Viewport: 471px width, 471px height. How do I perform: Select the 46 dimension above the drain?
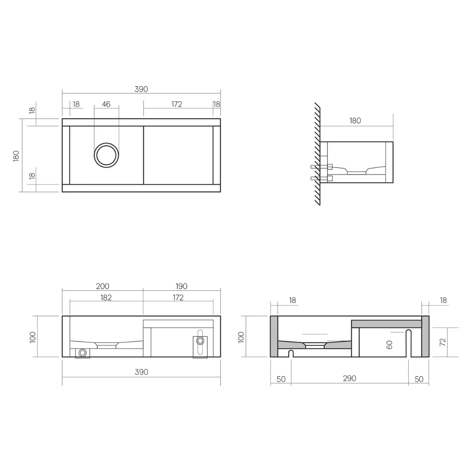coord(106,104)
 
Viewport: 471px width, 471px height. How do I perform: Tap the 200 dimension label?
coord(102,286)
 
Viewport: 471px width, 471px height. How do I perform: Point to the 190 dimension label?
coord(181,286)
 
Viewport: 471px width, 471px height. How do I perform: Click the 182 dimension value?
coord(106,297)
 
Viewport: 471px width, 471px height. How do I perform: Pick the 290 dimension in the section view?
coord(349,378)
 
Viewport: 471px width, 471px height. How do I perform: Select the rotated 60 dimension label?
coord(389,345)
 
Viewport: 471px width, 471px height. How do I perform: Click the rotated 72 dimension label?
coord(443,342)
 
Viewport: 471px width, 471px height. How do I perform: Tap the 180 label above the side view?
coord(355,121)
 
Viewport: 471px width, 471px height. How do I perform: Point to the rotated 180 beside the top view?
coord(16,156)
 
